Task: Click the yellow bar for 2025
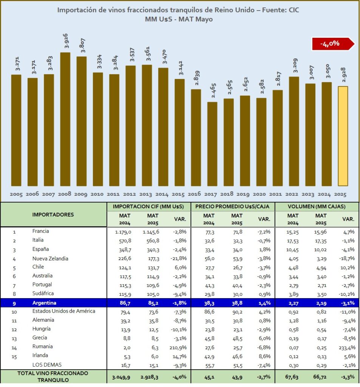click(343, 136)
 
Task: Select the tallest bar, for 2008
click(65, 119)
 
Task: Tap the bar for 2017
click(212, 144)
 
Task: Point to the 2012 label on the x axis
click(130, 194)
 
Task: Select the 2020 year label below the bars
click(261, 194)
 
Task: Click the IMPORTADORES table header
click(53, 215)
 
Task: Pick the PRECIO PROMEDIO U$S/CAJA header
click(233, 207)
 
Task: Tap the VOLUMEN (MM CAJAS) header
click(317, 207)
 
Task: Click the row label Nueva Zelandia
click(50, 259)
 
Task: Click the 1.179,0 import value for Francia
click(123, 232)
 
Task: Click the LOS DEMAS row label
click(47, 365)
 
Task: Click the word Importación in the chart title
click(77, 10)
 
